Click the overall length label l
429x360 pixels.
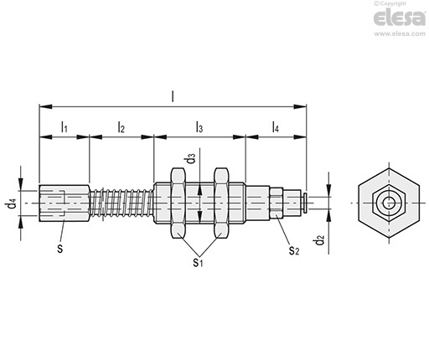[x=173, y=96]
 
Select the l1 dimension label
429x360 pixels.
[x=65, y=127]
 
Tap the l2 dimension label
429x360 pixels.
[x=121, y=127]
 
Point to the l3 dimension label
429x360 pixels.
[x=199, y=127]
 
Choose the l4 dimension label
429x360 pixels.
[x=276, y=127]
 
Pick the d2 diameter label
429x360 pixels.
[x=320, y=240]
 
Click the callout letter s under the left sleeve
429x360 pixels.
[x=60, y=248]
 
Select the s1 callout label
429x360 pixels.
[x=198, y=262]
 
